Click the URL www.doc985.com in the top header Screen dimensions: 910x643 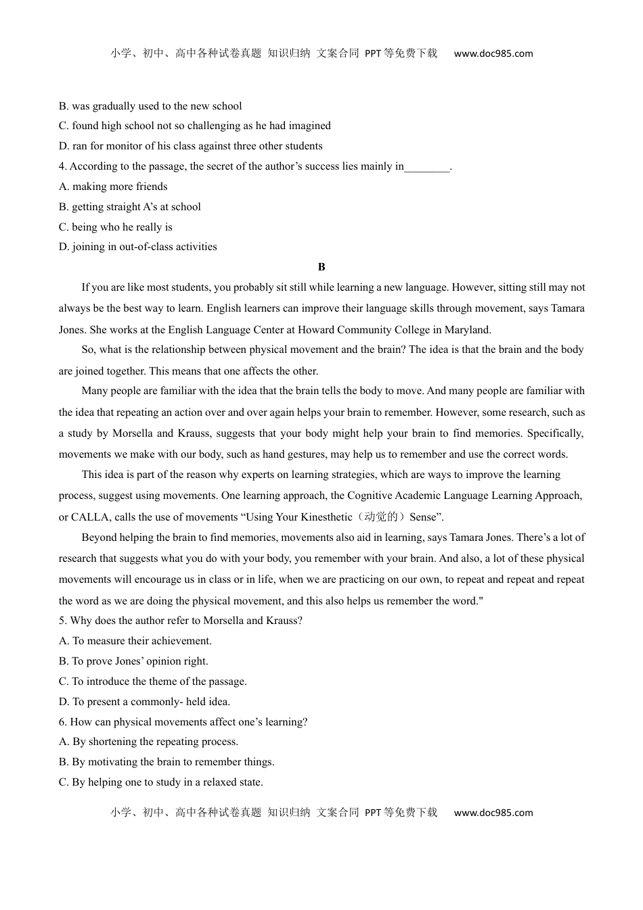493,53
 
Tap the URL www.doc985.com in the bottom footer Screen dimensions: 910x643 493,813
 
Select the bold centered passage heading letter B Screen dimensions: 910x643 321,267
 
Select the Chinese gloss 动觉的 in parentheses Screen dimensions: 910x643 381,517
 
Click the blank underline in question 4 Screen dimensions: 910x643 426,167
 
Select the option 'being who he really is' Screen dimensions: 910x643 122,227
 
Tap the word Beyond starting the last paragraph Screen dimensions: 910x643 99,537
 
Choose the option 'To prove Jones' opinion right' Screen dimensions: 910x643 140,661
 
